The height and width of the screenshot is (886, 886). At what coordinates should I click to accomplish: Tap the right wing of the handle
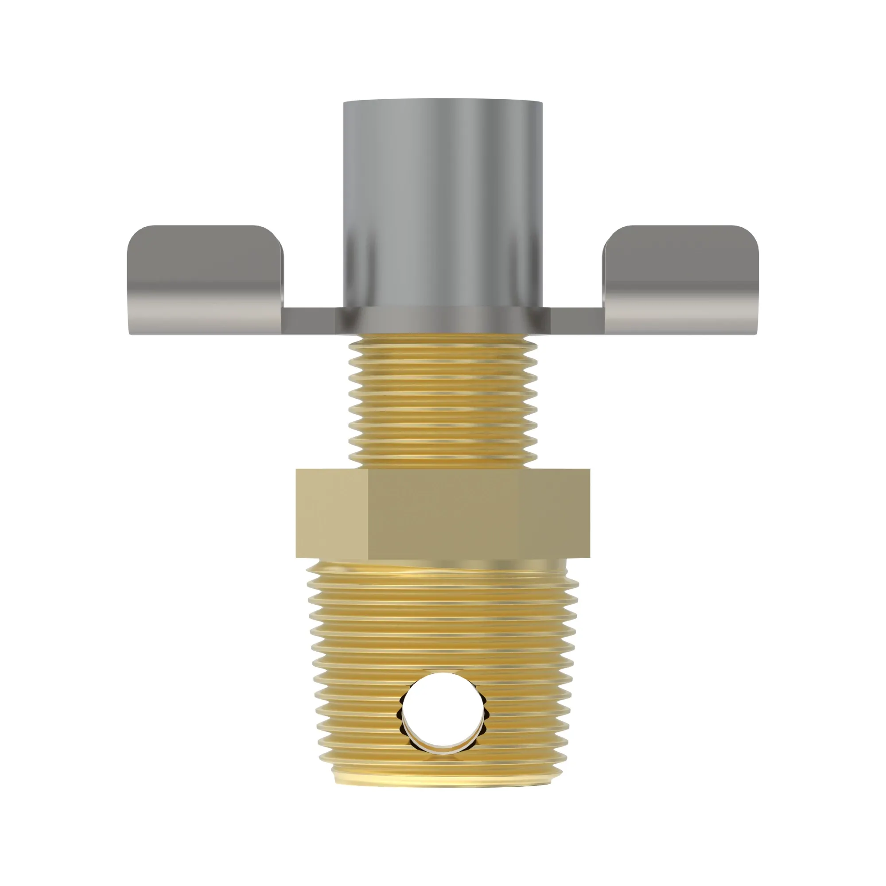pos(681,280)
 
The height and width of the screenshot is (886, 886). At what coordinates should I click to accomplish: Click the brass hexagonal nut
pos(443,513)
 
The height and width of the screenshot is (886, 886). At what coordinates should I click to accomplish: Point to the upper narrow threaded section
pos(443,404)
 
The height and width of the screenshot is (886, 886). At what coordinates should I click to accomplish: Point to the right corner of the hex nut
pos(589,513)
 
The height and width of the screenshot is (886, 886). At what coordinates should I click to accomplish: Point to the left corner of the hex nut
pos(297,513)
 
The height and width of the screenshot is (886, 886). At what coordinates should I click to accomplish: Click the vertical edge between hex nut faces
pos(368,513)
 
